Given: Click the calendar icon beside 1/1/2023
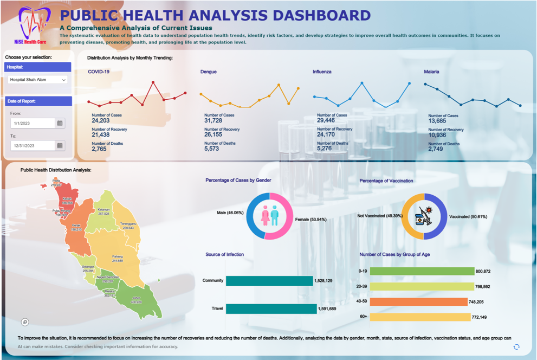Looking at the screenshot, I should [60, 123].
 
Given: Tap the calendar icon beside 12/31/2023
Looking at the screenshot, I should [60, 145].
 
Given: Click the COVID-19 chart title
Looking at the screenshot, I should [99, 72].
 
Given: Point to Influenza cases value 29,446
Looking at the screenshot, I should [327, 120].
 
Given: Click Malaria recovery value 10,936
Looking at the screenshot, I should [438, 134].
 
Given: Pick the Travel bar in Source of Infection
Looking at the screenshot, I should [271, 309].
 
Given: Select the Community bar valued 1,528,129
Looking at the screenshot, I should [269, 281].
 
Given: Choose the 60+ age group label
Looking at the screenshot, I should [363, 317].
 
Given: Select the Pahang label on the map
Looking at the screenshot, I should [118, 258].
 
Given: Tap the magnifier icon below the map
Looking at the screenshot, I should [24, 322].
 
